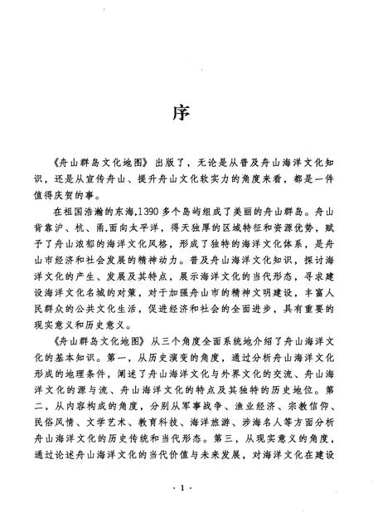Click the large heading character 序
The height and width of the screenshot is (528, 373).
(186, 114)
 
